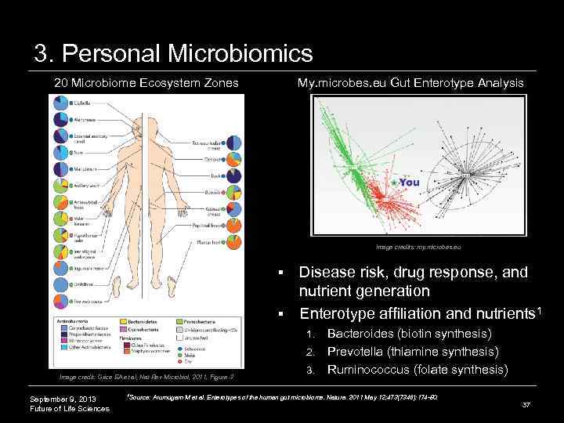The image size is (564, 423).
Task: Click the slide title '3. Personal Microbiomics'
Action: click(173, 53)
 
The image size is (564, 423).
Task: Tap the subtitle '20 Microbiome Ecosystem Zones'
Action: click(146, 82)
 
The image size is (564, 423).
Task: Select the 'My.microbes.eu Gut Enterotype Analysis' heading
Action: click(410, 82)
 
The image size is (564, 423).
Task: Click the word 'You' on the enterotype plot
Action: click(410, 183)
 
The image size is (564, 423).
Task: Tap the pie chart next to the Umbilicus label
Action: click(60, 284)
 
